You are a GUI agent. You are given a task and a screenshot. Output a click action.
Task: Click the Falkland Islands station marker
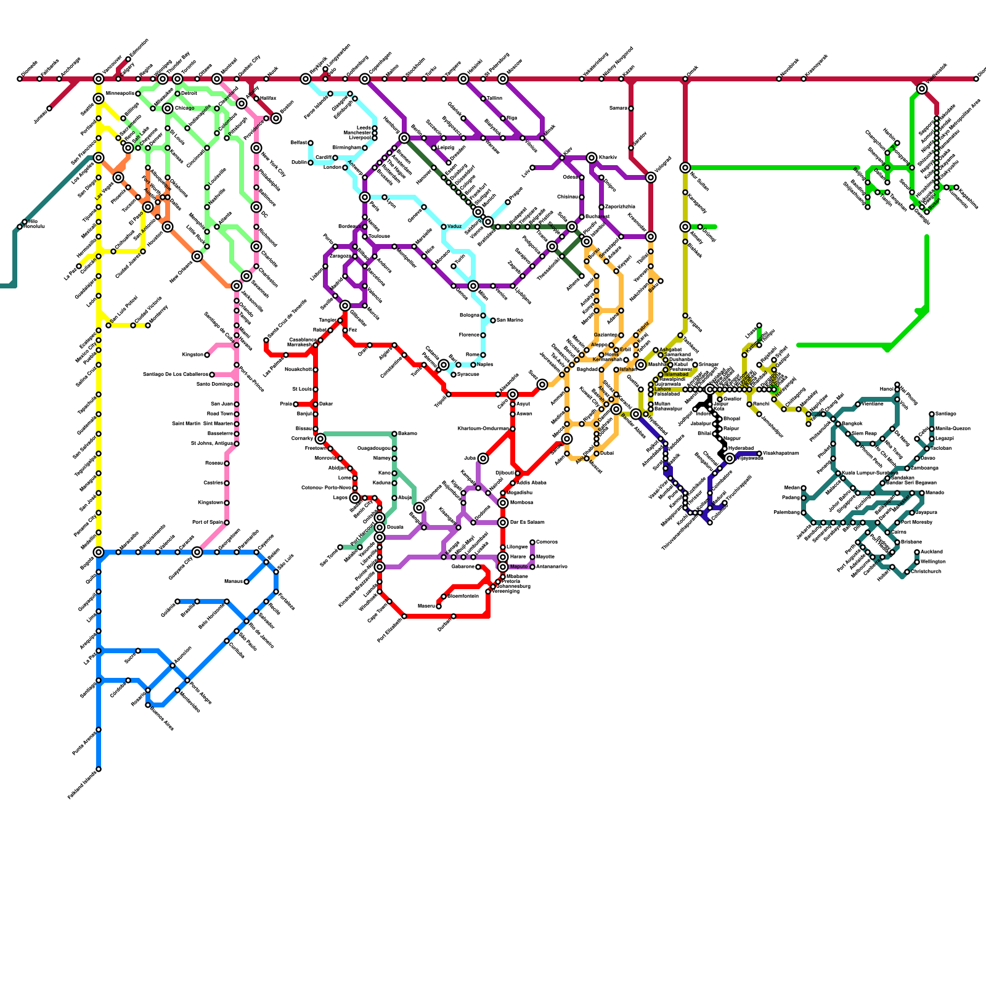pyautogui.click(x=99, y=769)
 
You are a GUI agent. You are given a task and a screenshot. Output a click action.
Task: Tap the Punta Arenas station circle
pyautogui.click(x=99, y=730)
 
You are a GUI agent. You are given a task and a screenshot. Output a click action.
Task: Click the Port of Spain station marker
pyautogui.click(x=227, y=523)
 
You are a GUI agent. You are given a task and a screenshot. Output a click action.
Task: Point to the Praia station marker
pyautogui.click(x=296, y=404)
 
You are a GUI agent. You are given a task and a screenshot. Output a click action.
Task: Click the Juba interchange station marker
pyautogui.click(x=483, y=458)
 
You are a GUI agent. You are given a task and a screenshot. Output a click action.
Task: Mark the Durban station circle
pyautogui.click(x=454, y=616)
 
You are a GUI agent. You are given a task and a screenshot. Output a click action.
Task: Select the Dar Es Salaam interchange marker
pyautogui.click(x=503, y=523)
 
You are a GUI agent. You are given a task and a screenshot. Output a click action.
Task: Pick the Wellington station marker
pyautogui.click(x=917, y=562)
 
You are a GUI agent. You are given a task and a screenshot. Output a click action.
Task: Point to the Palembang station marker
pyautogui.click(x=804, y=513)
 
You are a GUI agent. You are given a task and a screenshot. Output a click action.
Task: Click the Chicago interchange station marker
pyautogui.click(x=168, y=108)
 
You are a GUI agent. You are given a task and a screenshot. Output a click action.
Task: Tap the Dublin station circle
pyautogui.click(x=311, y=163)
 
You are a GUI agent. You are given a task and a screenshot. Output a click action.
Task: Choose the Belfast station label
pyautogui.click(x=298, y=142)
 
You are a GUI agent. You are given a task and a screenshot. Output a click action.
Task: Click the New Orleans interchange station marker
pyautogui.click(x=197, y=256)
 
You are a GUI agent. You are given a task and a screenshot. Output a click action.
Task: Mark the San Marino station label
pyautogui.click(x=510, y=320)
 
